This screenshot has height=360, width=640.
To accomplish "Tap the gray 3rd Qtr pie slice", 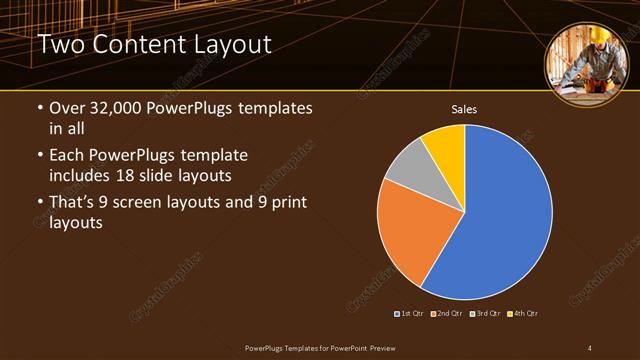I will click(406, 167).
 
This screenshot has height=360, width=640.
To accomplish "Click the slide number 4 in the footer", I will click(589, 347).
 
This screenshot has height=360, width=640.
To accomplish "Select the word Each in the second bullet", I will click(67, 156).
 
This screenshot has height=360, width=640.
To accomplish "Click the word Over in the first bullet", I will click(67, 109).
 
